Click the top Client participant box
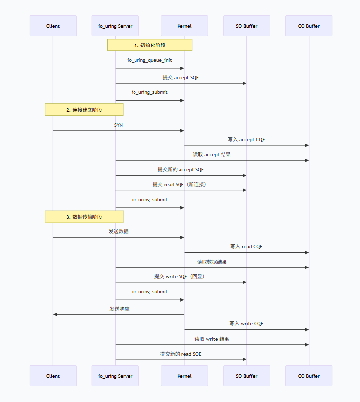53,26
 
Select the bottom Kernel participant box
184,376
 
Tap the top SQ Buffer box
246,26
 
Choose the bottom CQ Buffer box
309,376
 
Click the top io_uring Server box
115,26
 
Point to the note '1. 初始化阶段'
150,45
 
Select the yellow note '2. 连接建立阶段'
84,110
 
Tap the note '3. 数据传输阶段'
84,217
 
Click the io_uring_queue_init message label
149,60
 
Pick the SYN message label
119,125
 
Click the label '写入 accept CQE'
246,140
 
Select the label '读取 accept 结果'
212,155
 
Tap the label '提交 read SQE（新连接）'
180,184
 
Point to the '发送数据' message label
119,231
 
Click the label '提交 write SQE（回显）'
180,277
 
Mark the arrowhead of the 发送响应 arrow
55,314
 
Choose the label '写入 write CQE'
246,324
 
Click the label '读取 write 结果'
212,339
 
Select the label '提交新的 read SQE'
180,354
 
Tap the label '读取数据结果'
212,262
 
